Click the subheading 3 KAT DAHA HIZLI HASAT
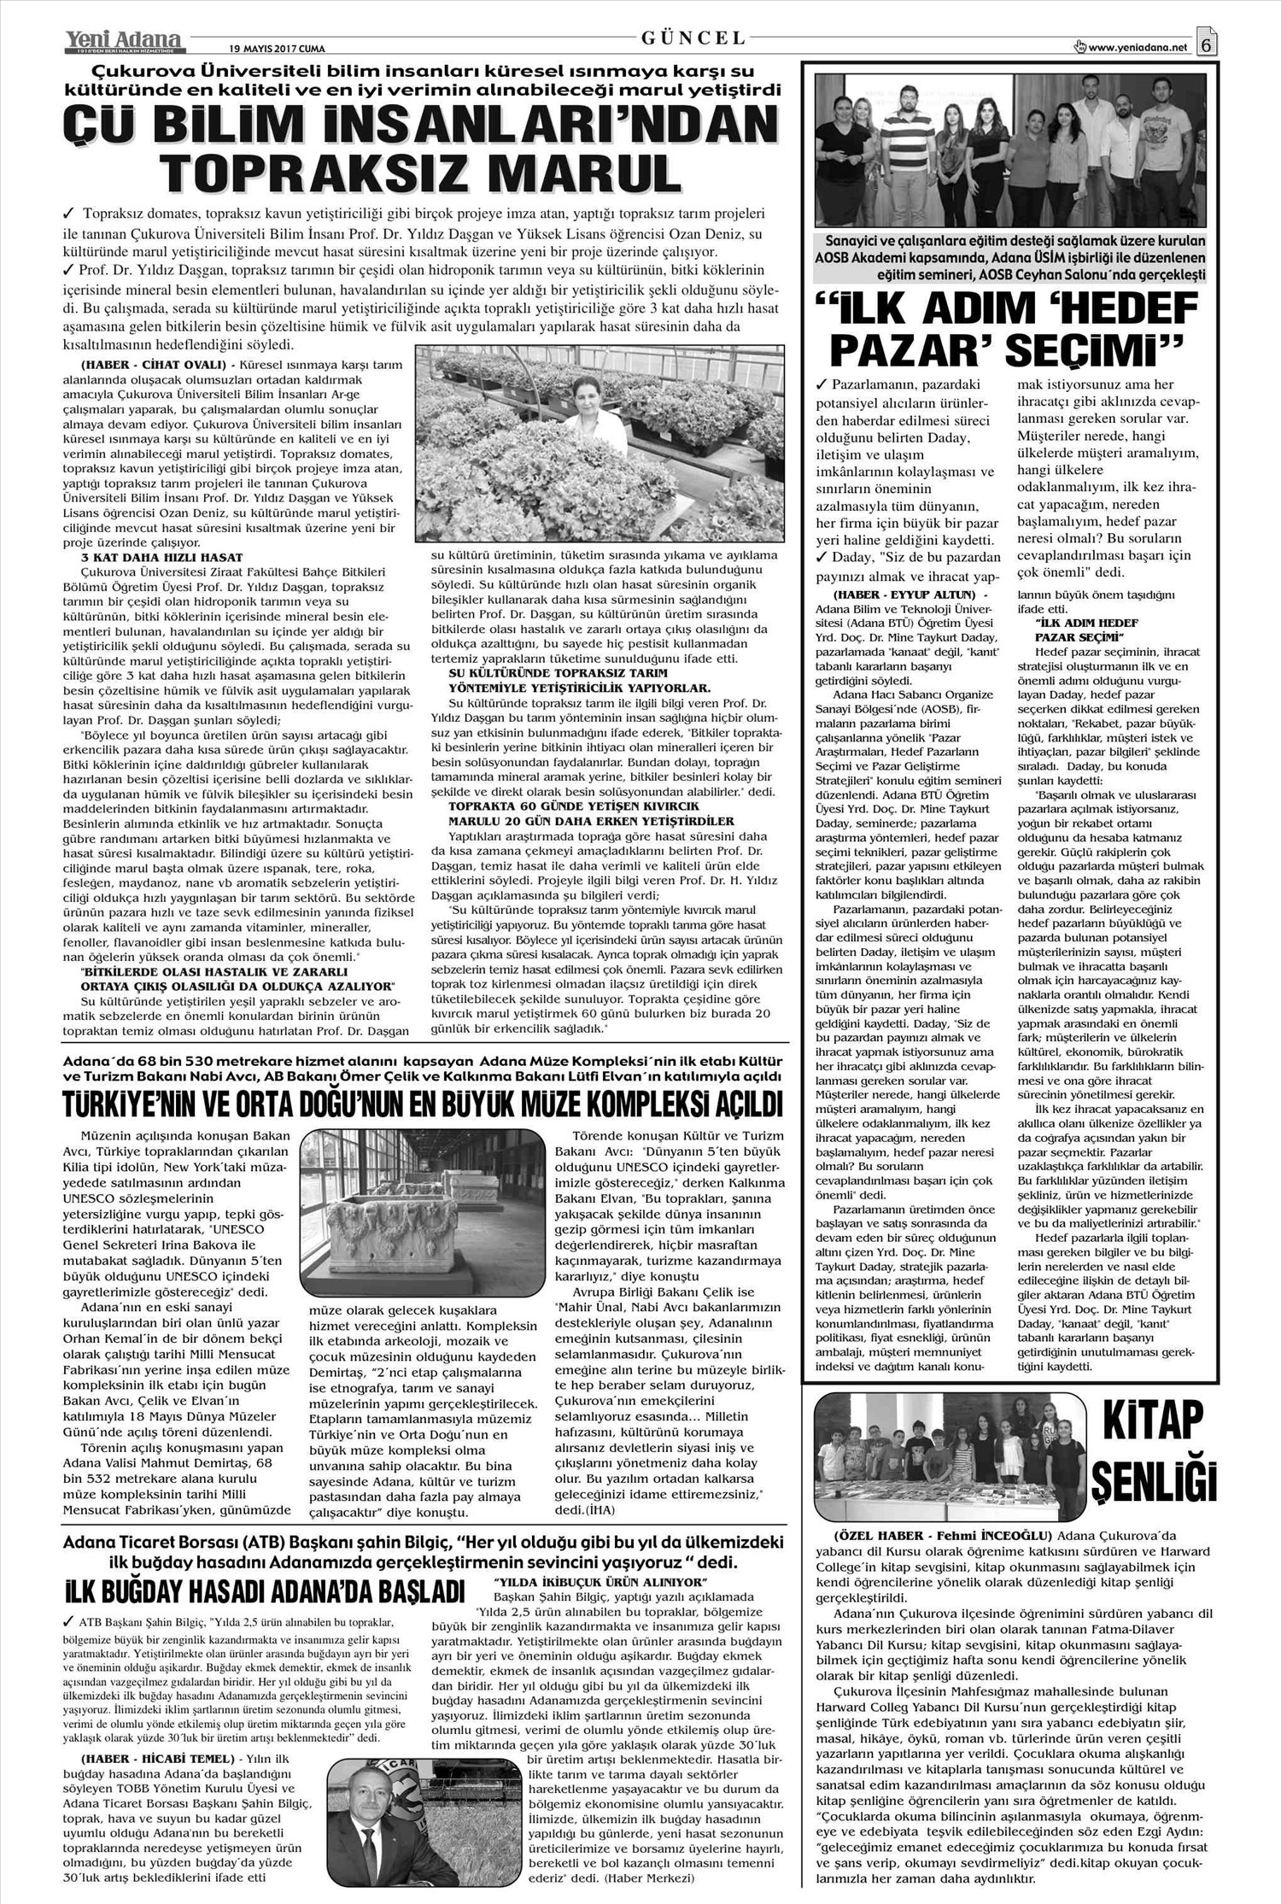149,557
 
